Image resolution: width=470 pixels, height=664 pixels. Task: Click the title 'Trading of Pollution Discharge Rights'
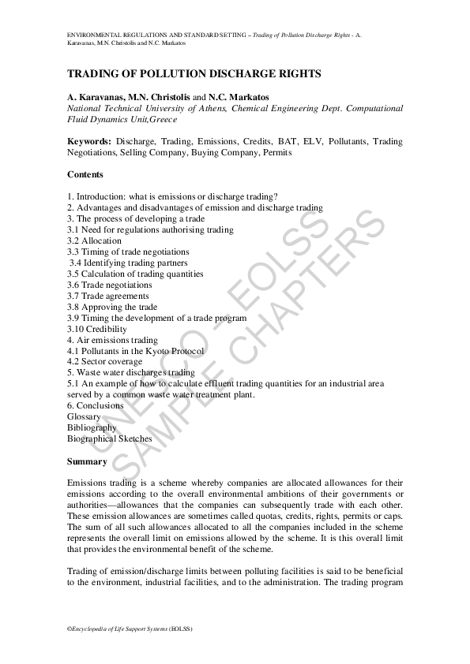coord(194,73)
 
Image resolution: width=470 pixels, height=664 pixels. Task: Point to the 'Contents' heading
coord(85,174)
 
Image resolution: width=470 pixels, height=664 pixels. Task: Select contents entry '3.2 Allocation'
coord(95,241)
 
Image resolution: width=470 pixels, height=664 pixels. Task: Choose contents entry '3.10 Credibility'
coord(97,329)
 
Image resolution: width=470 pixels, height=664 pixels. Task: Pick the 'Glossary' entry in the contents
coord(85,416)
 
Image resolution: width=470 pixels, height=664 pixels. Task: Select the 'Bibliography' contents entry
coord(92,427)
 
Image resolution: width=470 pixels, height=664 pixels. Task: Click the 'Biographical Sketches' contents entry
coord(110,438)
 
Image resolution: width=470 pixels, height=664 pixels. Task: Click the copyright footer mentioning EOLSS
coord(130,629)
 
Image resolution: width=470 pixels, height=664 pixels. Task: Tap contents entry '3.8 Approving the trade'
coord(112,307)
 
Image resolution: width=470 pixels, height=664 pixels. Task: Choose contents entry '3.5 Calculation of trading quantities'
coord(135,274)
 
